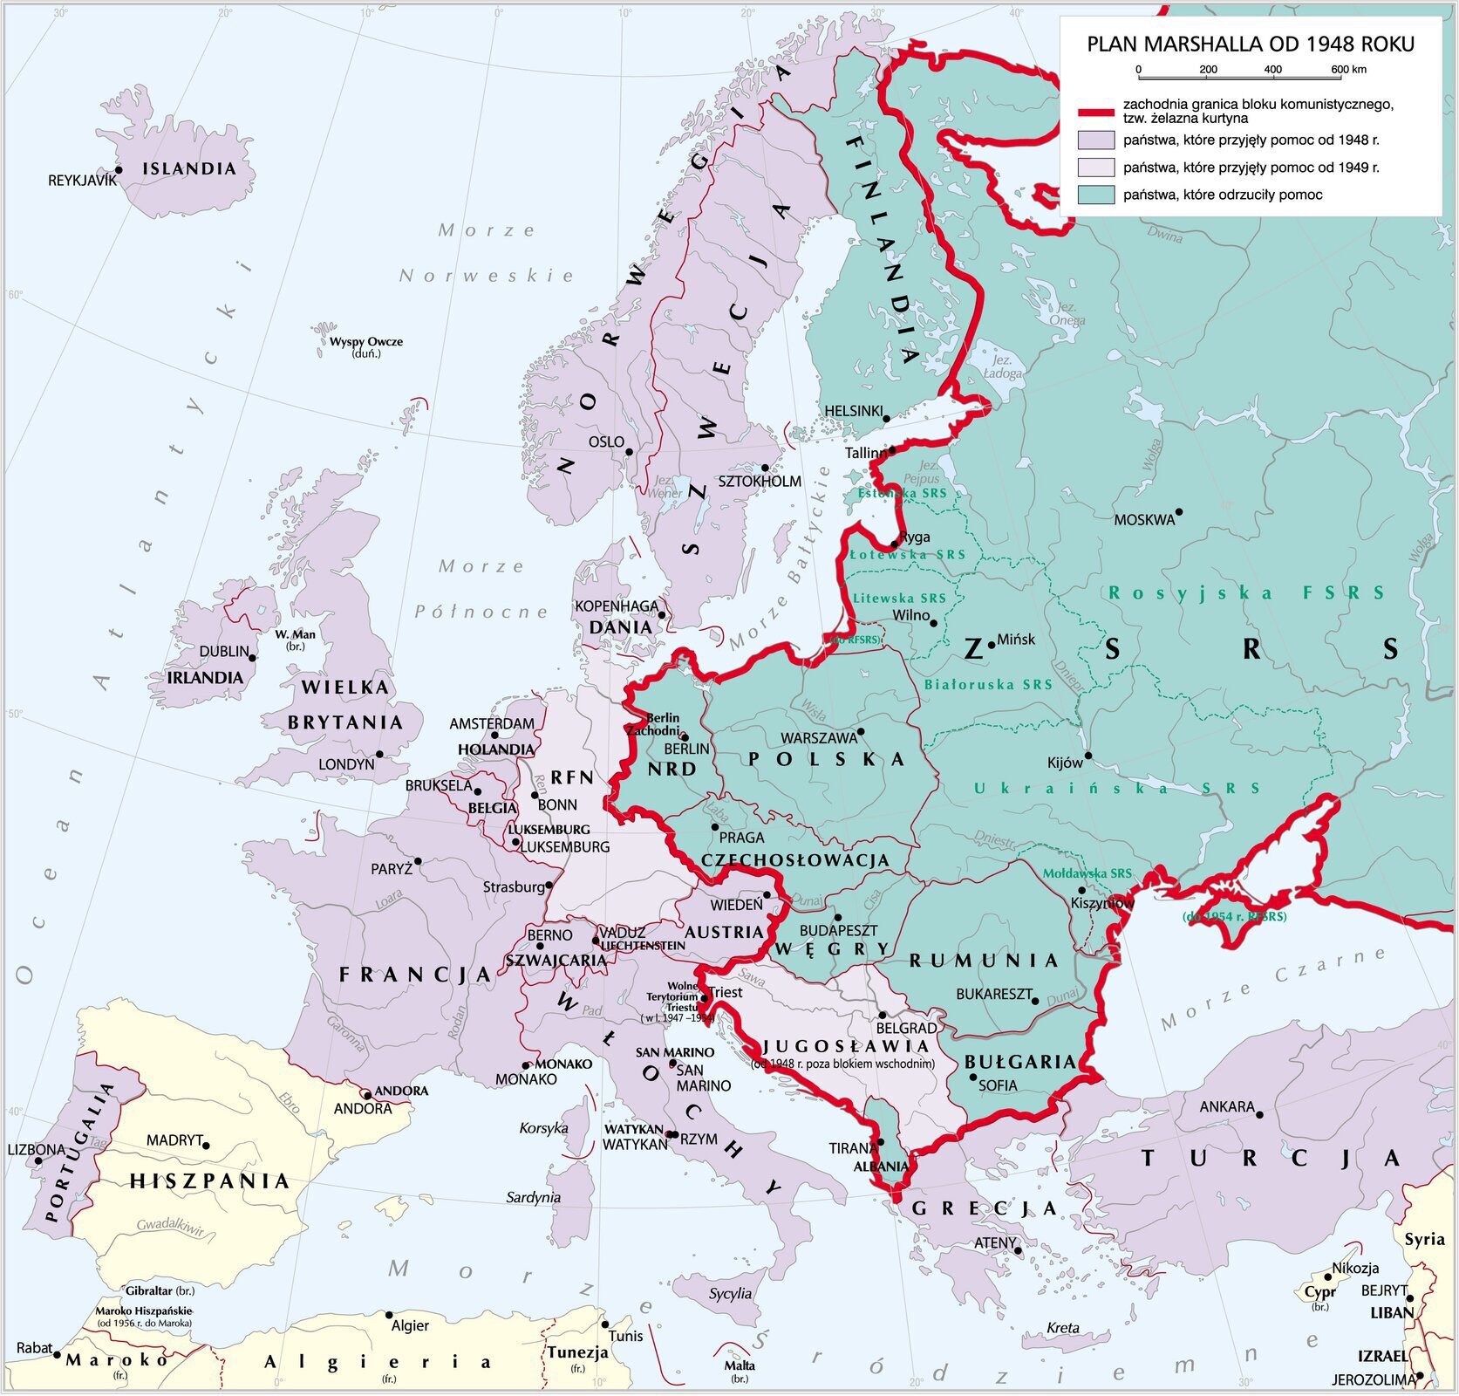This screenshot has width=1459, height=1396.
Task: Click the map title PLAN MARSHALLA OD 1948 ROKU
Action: [1250, 44]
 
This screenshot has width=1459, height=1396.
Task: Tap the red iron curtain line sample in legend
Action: [1096, 112]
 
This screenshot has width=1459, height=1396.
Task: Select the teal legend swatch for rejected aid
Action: [1096, 195]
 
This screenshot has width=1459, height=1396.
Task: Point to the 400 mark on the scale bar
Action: [1272, 70]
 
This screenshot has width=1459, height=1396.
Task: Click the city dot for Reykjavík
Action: [119, 170]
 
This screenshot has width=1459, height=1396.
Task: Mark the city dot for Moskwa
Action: [1179, 512]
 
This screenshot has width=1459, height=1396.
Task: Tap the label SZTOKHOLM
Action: [759, 481]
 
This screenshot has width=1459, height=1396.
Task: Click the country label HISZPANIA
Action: [209, 1181]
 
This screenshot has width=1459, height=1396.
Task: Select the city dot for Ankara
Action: [1259, 1114]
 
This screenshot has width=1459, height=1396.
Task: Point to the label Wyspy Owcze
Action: [366, 342]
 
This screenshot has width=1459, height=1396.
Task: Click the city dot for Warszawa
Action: [861, 731]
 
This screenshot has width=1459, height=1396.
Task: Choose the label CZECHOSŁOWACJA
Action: [795, 860]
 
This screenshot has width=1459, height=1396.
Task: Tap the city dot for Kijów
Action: [1087, 756]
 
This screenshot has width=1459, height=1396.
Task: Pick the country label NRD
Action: [672, 769]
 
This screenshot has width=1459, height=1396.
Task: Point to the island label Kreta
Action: [1063, 1328]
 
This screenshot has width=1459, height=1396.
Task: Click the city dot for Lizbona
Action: [38, 1162]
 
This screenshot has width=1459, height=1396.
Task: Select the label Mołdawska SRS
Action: [1087, 873]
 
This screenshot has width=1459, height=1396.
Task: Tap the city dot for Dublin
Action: [253, 657]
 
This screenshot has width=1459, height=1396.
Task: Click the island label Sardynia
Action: [533, 1198]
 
